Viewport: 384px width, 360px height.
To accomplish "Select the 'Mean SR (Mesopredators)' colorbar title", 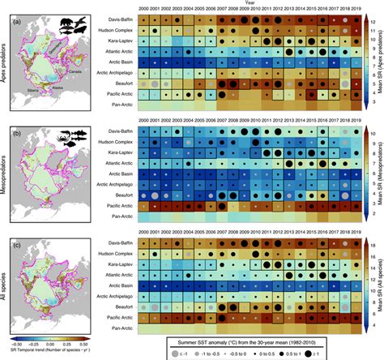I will pos(379,171).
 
